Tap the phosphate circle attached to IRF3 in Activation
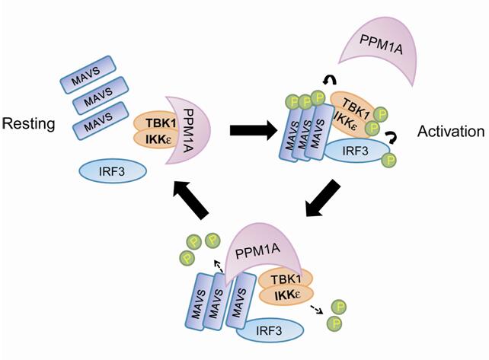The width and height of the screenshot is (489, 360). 391,161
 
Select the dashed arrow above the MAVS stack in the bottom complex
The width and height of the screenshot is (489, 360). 219,264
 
